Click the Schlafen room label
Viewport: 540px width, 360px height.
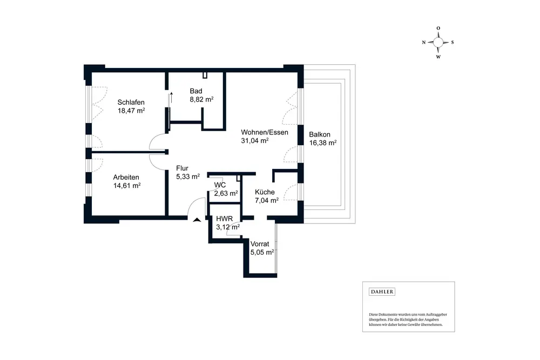(x=131, y=101)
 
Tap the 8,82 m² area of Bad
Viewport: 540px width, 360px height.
(x=201, y=99)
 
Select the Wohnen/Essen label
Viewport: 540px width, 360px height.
(x=265, y=132)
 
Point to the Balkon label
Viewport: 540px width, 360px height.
(x=320, y=135)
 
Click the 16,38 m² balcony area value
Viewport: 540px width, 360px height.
(x=323, y=144)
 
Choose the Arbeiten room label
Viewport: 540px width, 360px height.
(x=126, y=177)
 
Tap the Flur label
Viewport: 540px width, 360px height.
(x=182, y=168)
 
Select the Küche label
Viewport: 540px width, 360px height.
(x=265, y=192)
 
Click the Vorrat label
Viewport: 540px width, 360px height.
(x=260, y=243)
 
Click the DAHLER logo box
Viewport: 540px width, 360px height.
(x=382, y=292)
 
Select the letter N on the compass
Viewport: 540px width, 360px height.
(x=424, y=42)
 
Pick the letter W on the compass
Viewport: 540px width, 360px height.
(x=438, y=56)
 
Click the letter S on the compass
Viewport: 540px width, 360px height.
(x=453, y=42)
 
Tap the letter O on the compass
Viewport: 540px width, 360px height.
(x=438, y=28)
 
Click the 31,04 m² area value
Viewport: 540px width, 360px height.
(x=255, y=140)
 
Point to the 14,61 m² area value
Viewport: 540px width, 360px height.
(x=127, y=186)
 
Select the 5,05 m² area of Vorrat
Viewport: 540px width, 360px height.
(x=262, y=252)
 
